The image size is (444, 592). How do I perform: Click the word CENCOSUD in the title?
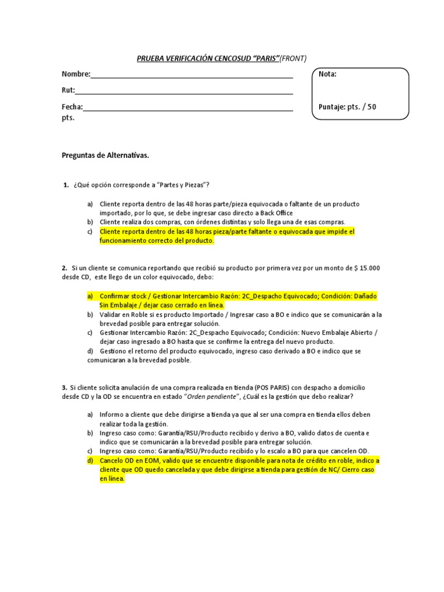pos(231,58)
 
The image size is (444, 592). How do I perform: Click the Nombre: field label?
pos(76,74)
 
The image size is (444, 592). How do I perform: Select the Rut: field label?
pos(68,90)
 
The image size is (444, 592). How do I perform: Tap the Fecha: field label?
pos(72,107)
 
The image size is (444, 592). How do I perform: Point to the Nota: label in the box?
pos(328,74)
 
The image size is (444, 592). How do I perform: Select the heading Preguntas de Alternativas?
pos(105,156)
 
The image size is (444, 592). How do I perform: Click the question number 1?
pos(65,185)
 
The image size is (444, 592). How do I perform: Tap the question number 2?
pos(64,268)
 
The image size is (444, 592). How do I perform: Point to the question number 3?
pos(64,387)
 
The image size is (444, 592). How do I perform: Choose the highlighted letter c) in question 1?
pos(90,232)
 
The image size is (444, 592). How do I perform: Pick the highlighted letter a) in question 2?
pos(90,296)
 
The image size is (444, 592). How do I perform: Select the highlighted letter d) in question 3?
pos(90,461)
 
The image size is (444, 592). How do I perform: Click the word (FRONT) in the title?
pos(294,58)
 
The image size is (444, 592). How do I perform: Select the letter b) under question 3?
pos(90,433)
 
